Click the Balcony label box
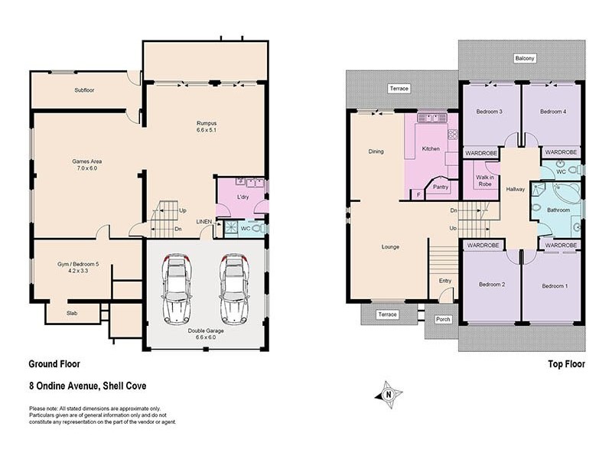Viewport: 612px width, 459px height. (x=525, y=58)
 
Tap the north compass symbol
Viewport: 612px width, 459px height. (x=389, y=395)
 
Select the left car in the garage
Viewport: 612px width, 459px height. (x=177, y=289)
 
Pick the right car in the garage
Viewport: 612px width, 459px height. (x=234, y=289)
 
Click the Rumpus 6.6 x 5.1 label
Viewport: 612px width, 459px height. (x=207, y=126)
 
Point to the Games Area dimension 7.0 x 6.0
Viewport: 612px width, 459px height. (x=87, y=168)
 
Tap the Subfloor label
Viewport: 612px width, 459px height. (x=84, y=90)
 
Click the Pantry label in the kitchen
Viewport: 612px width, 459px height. (x=441, y=187)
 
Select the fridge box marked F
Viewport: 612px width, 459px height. (x=418, y=194)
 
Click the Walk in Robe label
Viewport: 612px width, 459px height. (x=485, y=181)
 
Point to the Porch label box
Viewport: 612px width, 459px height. (x=443, y=319)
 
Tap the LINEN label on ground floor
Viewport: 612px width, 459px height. (x=203, y=222)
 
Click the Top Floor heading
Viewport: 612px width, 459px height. (x=566, y=364)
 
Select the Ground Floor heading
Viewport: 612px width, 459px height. (x=54, y=364)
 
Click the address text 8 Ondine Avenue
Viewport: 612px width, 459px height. (x=64, y=386)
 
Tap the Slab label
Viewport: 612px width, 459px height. (x=72, y=313)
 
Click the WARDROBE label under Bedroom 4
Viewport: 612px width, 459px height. (x=561, y=152)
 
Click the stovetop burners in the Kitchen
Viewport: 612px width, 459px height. (x=452, y=135)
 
